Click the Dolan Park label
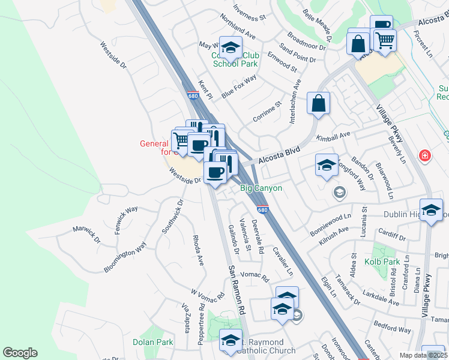[152, 343]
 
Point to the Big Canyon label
[261, 188]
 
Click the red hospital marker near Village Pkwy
[425, 156]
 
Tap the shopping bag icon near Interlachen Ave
[318, 103]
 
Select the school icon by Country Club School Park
[231, 47]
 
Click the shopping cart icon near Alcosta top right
[385, 40]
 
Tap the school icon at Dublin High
[431, 210]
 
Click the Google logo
[20, 353]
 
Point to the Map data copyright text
[423, 355]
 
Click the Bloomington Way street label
[124, 257]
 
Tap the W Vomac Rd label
[208, 293]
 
